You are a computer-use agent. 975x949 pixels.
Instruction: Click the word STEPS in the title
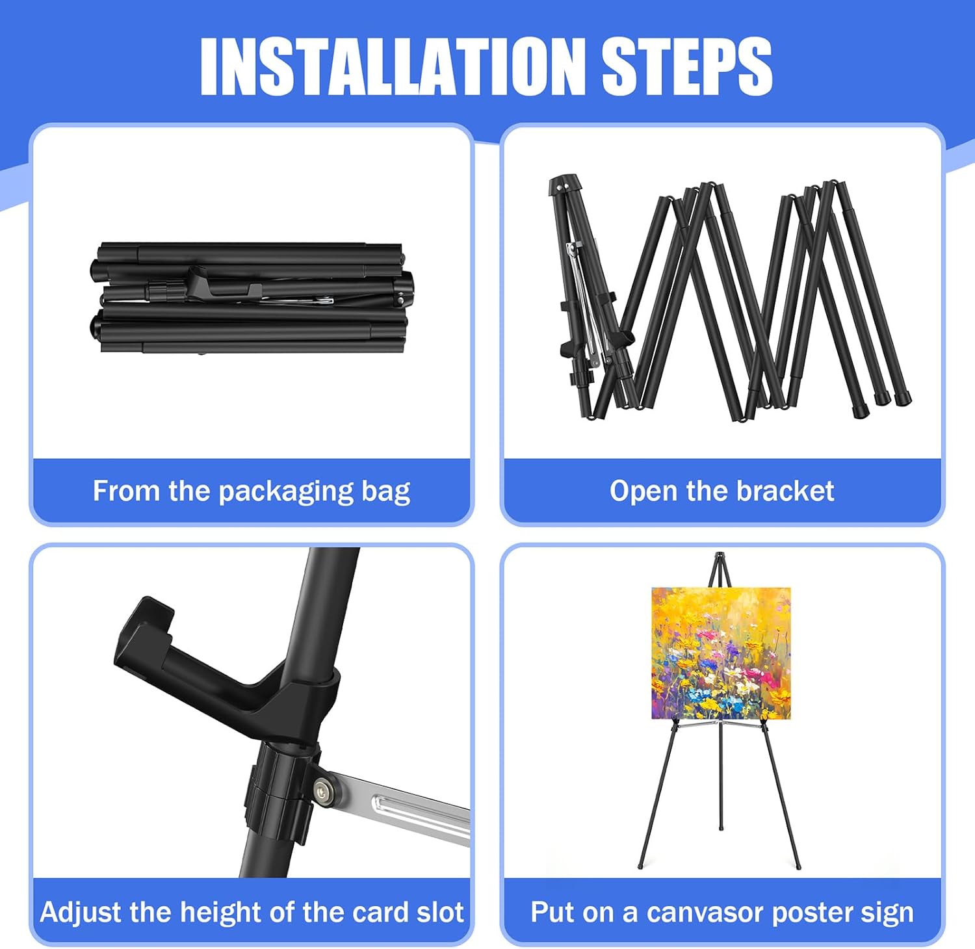point(687,66)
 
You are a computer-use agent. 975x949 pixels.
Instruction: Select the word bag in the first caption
point(386,492)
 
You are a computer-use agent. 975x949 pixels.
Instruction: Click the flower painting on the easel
point(721,653)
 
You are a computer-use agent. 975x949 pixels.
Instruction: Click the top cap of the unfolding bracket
point(564,185)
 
